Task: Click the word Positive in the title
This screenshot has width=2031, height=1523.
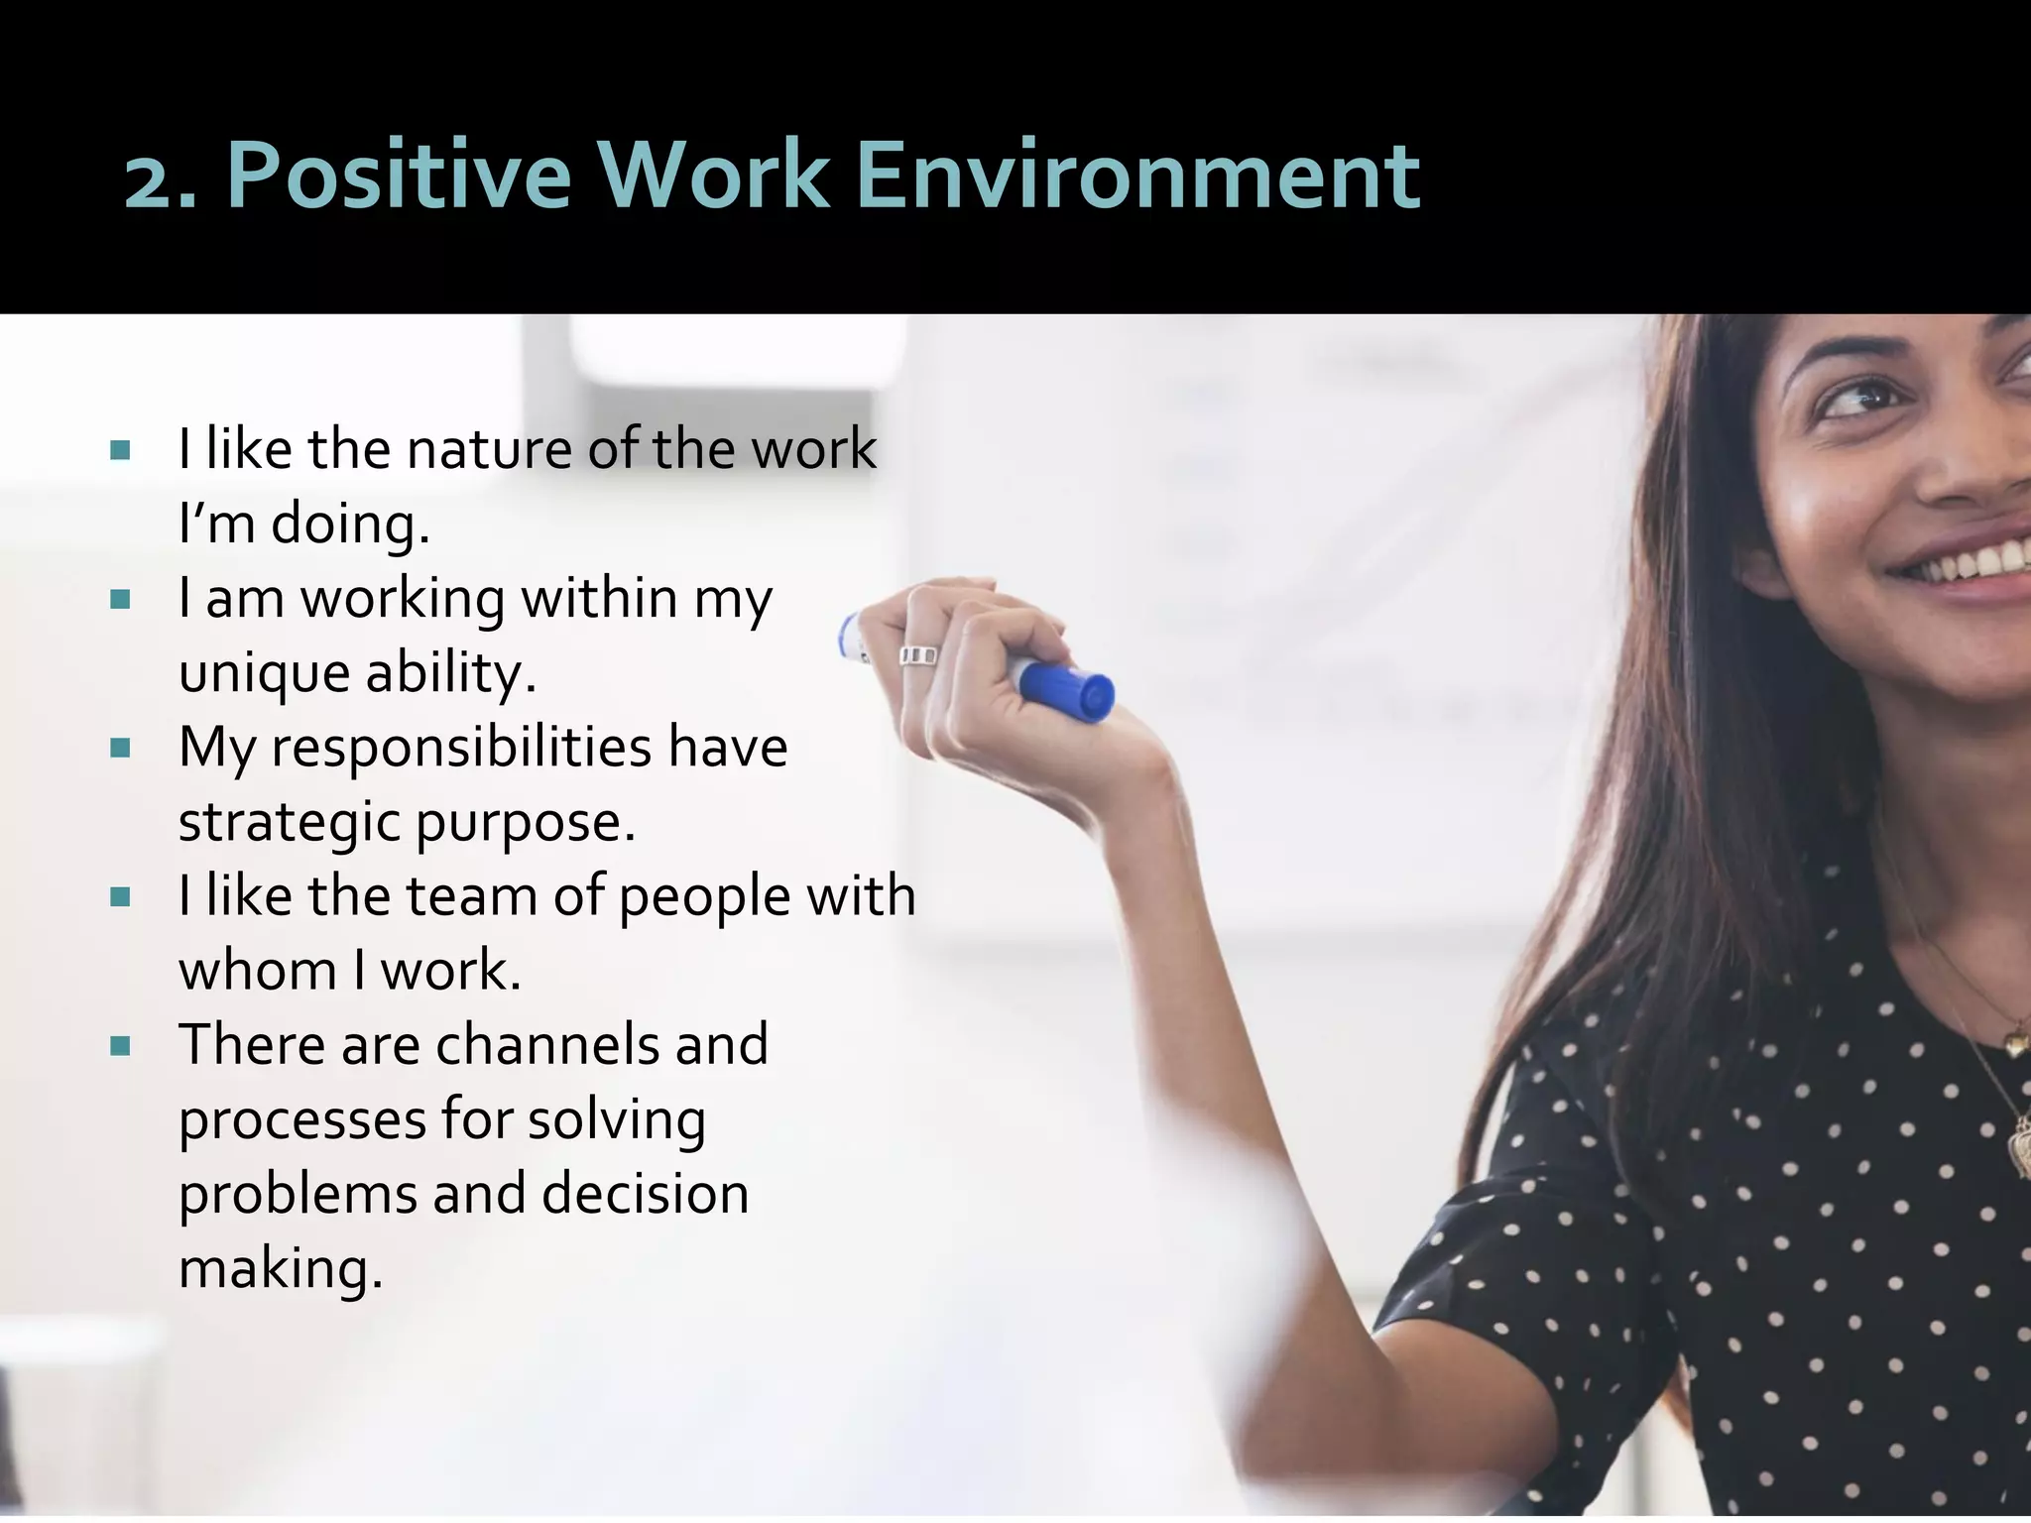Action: (x=399, y=176)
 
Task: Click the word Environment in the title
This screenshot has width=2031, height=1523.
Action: (x=1137, y=176)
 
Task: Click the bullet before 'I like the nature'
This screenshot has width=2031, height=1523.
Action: (x=121, y=451)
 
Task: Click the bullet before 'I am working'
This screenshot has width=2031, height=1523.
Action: (x=121, y=600)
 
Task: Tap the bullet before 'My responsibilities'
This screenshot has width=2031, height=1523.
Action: (x=121, y=749)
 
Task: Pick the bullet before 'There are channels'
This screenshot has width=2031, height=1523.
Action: (x=121, y=1046)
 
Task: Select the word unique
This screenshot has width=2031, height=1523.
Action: (x=264, y=674)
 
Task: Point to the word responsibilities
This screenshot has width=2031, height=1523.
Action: (x=461, y=749)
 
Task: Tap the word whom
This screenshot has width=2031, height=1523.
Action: (x=258, y=971)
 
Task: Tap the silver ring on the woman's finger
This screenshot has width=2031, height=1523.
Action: (x=917, y=655)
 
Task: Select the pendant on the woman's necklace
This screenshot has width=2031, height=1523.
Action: (x=2016, y=1040)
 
